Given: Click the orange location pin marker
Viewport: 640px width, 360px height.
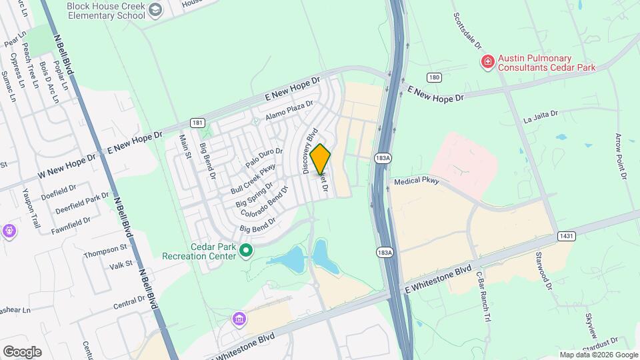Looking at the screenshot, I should click(x=321, y=159).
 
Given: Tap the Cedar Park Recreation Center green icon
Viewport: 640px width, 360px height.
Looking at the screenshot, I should click(x=246, y=251).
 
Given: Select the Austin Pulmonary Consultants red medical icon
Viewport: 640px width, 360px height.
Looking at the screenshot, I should click(x=488, y=62).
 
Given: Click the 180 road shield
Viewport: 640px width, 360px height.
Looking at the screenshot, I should click(x=435, y=77).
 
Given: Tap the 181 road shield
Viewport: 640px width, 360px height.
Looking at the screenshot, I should click(x=197, y=123).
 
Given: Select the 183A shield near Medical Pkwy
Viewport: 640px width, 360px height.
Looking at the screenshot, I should click(x=382, y=158).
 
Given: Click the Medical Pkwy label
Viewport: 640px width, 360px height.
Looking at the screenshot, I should click(x=417, y=181).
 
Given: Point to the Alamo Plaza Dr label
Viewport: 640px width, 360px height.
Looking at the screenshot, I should click(x=289, y=111).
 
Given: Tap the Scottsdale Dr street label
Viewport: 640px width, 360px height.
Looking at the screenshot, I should click(x=467, y=30).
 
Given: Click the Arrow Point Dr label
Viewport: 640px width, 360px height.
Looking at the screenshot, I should click(x=620, y=156).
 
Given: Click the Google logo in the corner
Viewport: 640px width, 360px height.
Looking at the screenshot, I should click(x=22, y=351).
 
